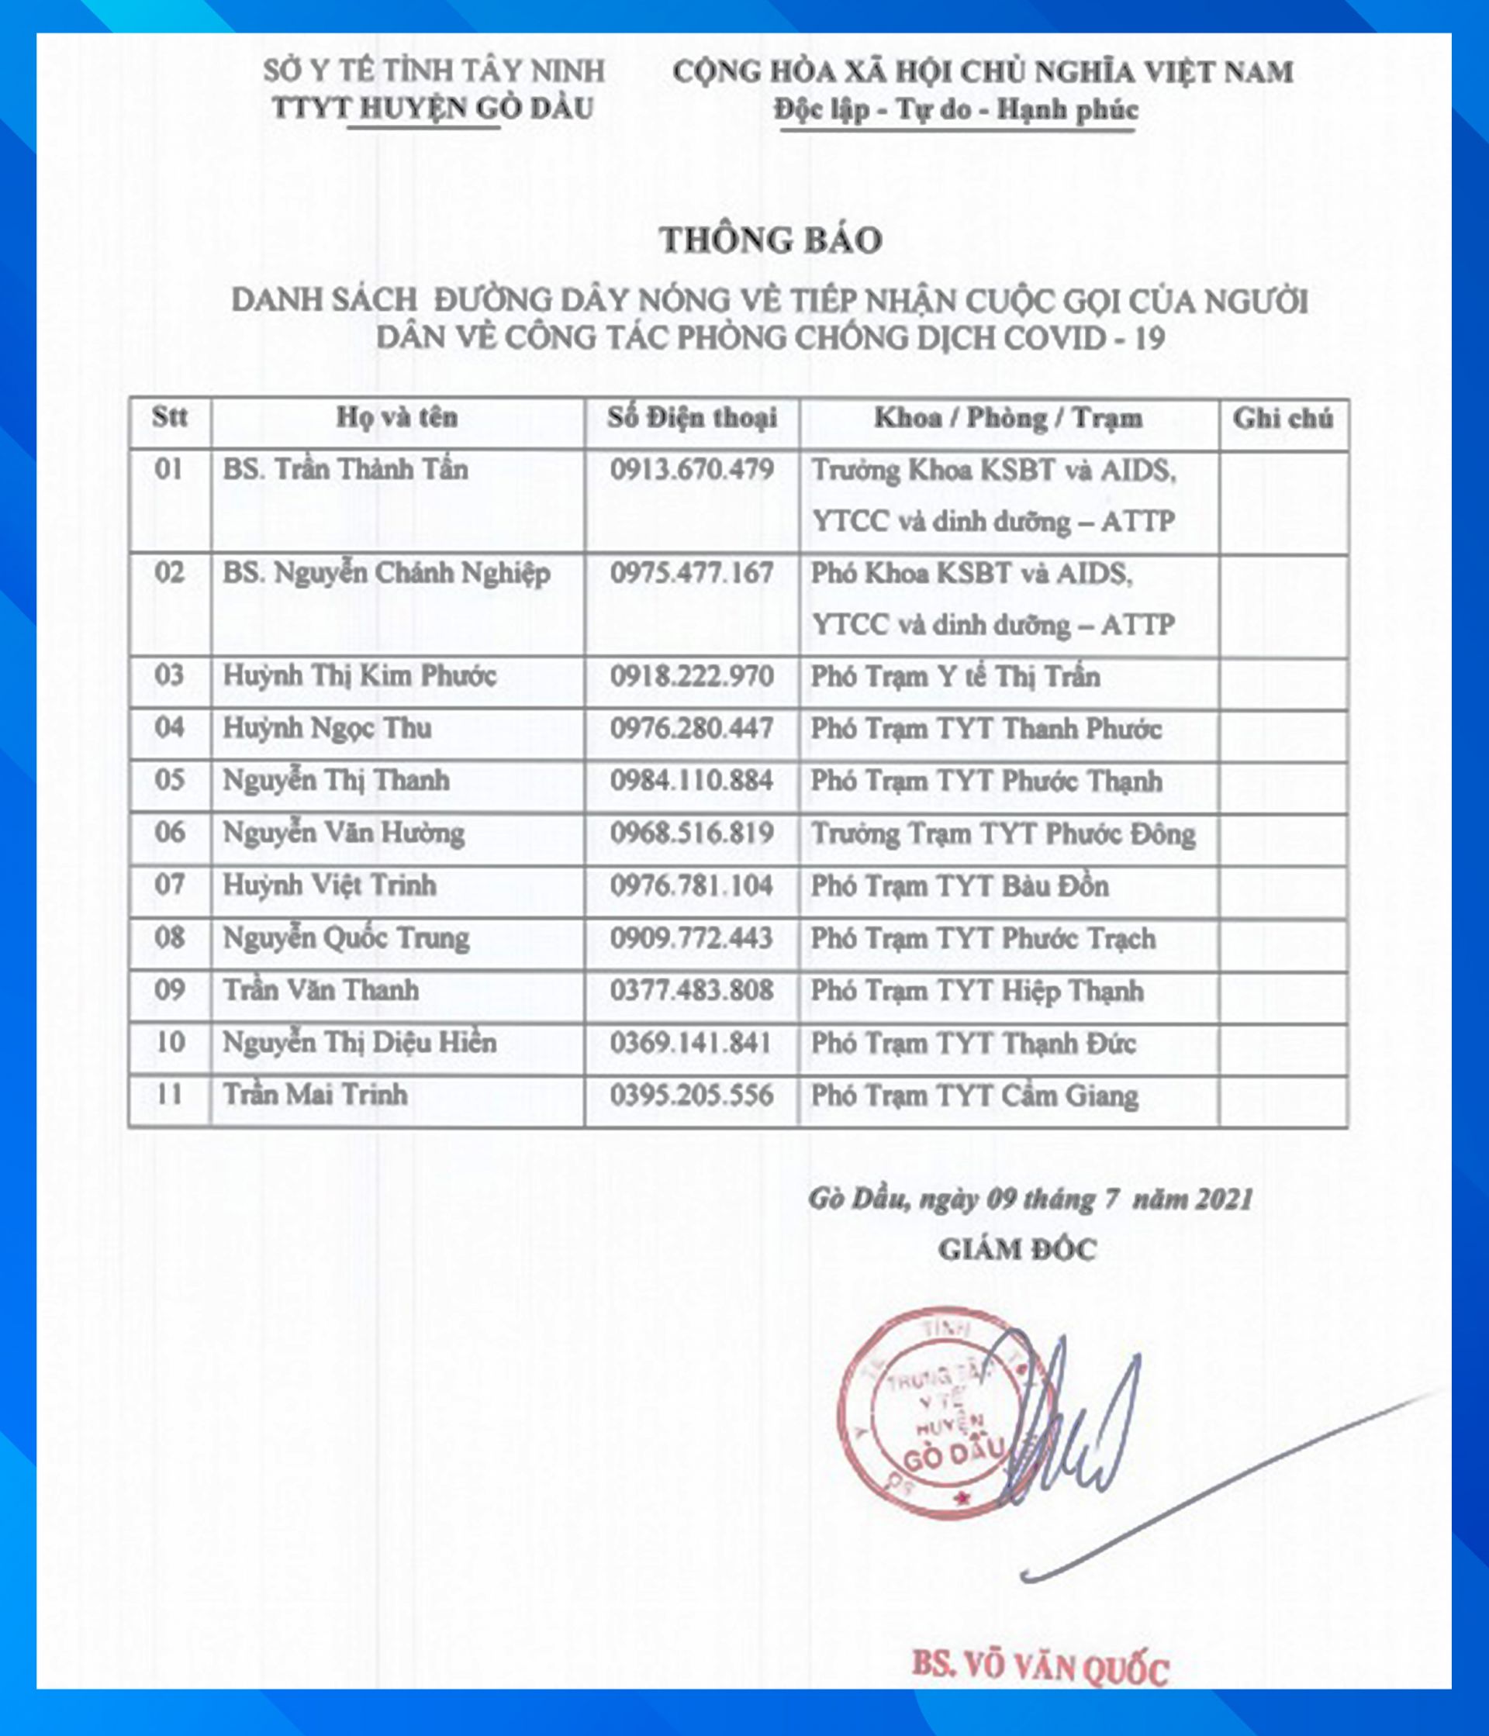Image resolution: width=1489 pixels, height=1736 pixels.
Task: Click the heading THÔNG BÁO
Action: [x=771, y=240]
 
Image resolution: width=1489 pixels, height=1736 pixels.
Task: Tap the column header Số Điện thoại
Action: [x=692, y=418]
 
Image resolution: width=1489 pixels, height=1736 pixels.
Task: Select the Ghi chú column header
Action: [x=1282, y=419]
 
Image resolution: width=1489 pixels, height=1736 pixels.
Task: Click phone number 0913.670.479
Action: [x=691, y=470]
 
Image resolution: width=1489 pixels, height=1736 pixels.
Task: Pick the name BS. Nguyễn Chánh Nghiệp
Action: [x=386, y=574]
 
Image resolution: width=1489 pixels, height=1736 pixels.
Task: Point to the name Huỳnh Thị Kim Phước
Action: [x=360, y=676]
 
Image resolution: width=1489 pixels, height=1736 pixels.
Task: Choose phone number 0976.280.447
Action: [x=691, y=728]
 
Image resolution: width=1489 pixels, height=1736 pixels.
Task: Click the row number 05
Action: [x=169, y=780]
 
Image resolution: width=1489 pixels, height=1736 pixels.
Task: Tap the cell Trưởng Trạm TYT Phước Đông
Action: [x=1002, y=833]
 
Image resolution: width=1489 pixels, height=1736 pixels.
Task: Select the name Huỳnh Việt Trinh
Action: [x=330, y=885]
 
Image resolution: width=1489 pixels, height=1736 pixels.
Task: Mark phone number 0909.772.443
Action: [x=691, y=937]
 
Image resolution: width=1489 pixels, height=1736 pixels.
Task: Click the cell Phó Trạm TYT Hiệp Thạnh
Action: [x=976, y=991]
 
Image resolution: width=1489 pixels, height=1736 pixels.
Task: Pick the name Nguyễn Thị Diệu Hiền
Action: [x=360, y=1043]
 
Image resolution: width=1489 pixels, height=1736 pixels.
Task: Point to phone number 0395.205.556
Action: [x=691, y=1096]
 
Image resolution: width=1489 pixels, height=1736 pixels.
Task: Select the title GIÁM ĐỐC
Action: [x=1017, y=1250]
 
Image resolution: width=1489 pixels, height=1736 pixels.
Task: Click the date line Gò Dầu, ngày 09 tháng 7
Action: [x=1030, y=1199]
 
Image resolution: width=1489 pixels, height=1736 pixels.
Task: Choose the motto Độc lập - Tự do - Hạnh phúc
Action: [x=956, y=111]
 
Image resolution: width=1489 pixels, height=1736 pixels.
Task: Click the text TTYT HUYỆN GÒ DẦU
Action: [x=434, y=109]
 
